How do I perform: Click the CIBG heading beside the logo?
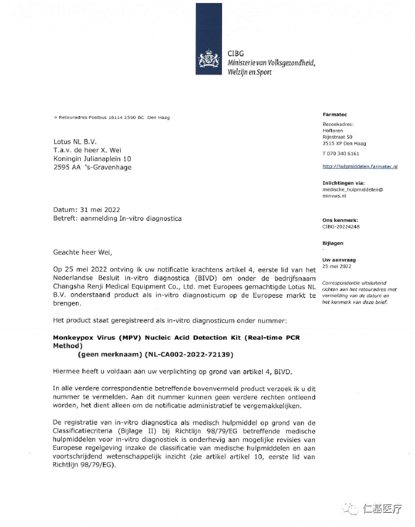[236, 54]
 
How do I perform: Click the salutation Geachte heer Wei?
[83, 251]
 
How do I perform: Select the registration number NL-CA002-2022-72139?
[189, 355]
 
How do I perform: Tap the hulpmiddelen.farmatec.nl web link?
[360, 166]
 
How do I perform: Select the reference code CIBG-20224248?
[341, 226]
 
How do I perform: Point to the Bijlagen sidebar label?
[333, 243]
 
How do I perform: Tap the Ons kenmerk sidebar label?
[340, 219]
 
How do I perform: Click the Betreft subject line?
[117, 219]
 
